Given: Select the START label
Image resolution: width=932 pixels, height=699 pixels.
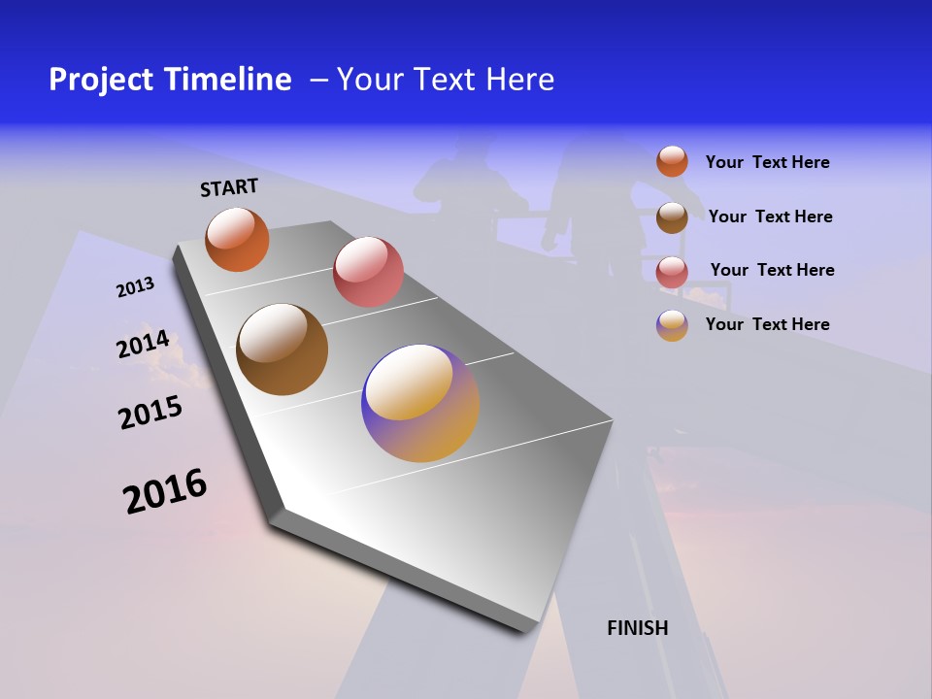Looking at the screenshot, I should pos(229,187).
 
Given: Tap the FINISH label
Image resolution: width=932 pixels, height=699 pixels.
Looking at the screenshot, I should pos(637,628).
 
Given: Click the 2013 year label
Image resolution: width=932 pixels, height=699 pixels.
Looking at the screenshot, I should pos(135,287).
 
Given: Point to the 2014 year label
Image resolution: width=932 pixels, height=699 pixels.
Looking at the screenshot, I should pos(143,345).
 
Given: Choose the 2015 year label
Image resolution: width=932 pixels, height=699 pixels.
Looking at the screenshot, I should pos(150,413).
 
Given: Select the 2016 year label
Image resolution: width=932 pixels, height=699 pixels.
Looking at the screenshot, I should pos(165,490).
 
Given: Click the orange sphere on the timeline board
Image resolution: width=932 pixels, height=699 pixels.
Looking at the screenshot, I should pos(237,239).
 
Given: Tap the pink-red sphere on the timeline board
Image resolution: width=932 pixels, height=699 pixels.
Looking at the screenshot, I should pos(368,272).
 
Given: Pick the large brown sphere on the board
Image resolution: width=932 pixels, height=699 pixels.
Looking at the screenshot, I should pos(282,349).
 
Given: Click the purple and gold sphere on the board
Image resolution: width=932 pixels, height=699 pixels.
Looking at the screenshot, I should pos(420,403).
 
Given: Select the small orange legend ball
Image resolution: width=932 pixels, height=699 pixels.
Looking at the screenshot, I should pos(672,161).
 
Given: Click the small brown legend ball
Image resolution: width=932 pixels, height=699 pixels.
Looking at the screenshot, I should pos(672,216).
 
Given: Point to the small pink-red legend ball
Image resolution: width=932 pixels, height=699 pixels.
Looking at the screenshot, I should pos(672,272).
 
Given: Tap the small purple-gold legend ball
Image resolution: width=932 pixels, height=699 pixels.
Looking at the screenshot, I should pos(672,325).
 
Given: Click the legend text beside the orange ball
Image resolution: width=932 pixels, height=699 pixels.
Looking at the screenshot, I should pos(767,162).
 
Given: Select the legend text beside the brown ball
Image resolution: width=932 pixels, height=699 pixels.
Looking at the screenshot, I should pos(770,216).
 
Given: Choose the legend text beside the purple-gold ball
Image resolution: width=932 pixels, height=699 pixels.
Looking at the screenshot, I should pos(767,324).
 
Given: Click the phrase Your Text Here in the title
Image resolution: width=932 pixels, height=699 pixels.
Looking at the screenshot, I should pos(446,80).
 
